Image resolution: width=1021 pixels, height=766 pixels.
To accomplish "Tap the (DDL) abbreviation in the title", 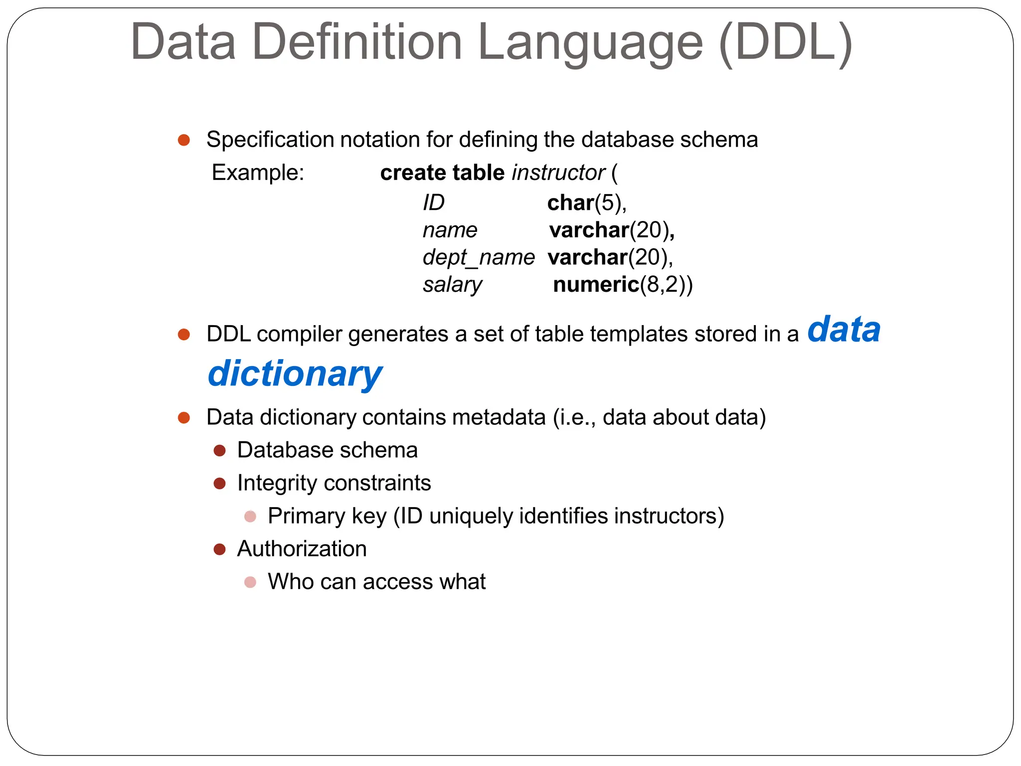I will pos(786,43).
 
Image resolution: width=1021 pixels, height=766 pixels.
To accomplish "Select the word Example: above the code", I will pos(258,173).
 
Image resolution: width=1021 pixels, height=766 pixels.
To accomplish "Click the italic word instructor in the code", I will pos(558,173).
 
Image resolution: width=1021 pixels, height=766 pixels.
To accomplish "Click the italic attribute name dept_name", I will pos(478,257).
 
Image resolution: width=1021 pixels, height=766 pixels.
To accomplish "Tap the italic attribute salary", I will pos(452,285).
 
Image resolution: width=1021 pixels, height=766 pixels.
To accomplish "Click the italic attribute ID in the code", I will pos(433,203).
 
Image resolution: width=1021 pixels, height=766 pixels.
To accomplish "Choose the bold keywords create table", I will pos(442,173).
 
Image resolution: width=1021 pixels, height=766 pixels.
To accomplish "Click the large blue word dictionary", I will pos(295,374).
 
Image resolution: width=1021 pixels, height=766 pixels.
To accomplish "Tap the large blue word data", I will pos(844,330).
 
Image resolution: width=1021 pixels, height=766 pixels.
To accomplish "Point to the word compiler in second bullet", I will pos(302,334).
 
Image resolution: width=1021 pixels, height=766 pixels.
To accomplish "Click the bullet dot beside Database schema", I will pos(219,451).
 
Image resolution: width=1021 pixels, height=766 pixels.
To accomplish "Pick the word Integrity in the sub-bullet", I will pos(277,483).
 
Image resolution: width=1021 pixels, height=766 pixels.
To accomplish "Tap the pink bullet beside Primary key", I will pos(250,516).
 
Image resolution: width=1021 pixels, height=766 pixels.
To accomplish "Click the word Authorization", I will pos(302,549).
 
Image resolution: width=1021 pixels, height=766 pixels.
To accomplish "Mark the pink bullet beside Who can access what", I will pos(250,582).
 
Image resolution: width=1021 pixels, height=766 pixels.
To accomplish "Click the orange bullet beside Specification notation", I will pos(184,140).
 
